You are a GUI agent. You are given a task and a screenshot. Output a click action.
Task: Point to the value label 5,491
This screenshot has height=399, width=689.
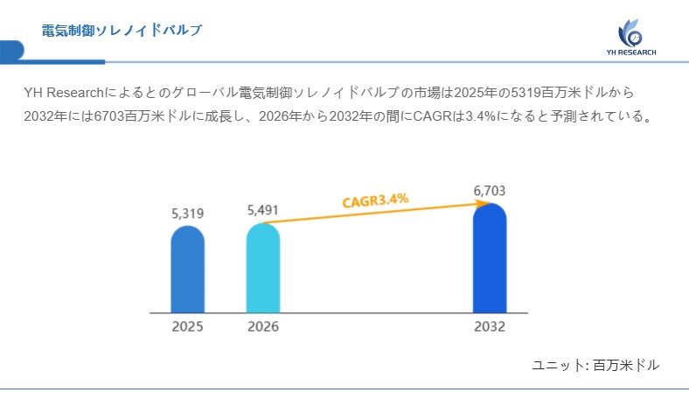click(263, 210)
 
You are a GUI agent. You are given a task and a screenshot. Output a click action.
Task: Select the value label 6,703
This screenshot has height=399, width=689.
click(490, 191)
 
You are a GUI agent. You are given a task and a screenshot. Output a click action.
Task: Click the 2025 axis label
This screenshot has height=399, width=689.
click(187, 326)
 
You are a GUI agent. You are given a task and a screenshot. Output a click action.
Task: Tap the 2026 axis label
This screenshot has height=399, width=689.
click(263, 326)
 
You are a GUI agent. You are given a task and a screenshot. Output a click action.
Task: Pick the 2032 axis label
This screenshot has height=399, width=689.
click(490, 326)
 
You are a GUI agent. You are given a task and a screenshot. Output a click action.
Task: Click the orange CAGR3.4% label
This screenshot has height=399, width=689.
click(375, 200)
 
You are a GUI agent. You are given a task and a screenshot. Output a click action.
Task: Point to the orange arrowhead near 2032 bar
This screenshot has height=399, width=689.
click(482, 203)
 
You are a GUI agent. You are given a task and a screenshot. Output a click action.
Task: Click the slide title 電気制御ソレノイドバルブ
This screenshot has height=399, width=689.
click(122, 31)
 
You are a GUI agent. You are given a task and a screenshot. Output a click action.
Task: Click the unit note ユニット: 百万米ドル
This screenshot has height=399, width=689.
click(595, 365)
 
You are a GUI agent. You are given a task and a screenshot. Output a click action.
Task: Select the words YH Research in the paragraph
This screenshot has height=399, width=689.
click(64, 92)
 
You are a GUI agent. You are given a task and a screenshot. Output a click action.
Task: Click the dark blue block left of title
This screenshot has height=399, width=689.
click(11, 51)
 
